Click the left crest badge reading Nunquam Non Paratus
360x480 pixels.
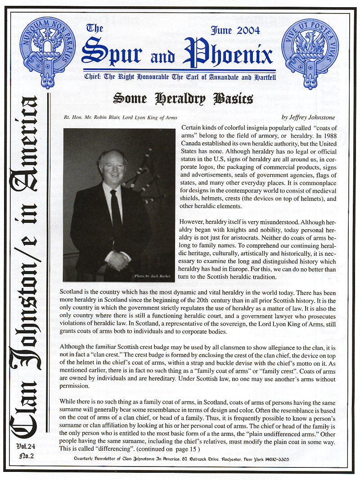point(48,52)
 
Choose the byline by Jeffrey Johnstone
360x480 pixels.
point(308,118)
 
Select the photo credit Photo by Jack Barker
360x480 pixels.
point(153,276)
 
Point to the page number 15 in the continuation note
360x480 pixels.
point(194,449)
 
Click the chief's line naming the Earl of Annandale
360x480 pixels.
point(178,77)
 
